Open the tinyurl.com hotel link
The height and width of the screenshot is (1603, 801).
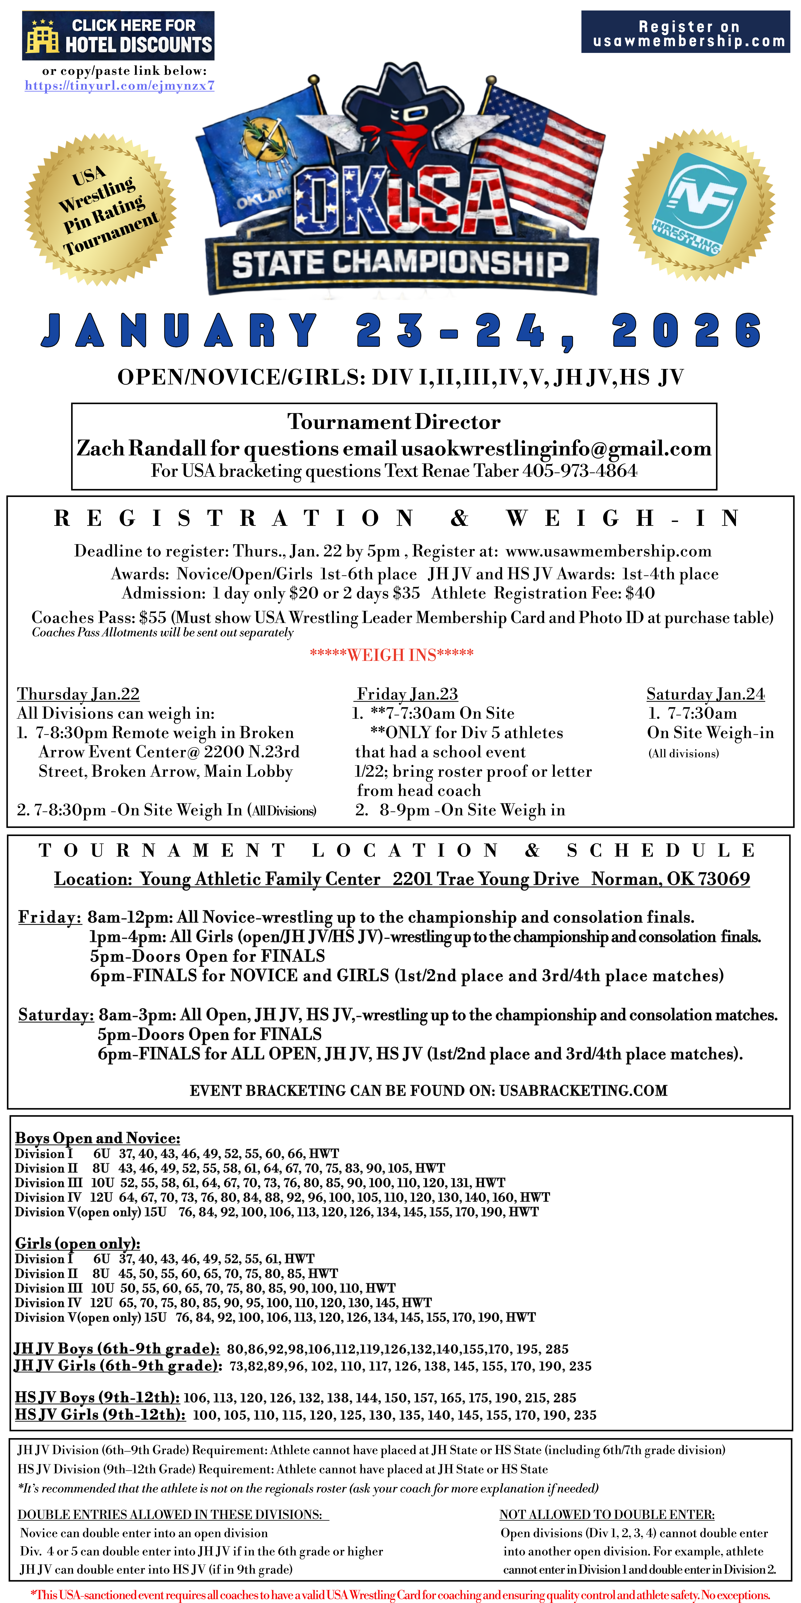pos(119,86)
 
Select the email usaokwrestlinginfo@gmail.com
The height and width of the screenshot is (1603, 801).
pos(556,448)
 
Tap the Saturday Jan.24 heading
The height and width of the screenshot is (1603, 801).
pos(705,694)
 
